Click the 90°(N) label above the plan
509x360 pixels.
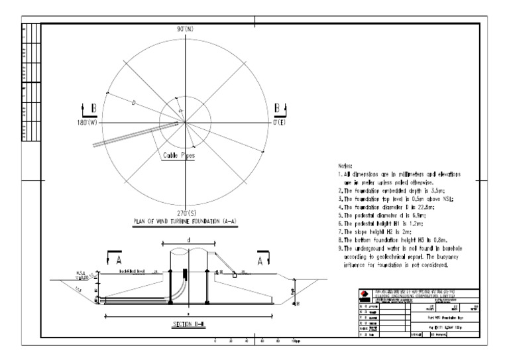click(x=186, y=29)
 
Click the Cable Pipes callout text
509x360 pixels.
click(x=178, y=157)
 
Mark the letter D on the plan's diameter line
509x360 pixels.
click(x=135, y=104)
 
